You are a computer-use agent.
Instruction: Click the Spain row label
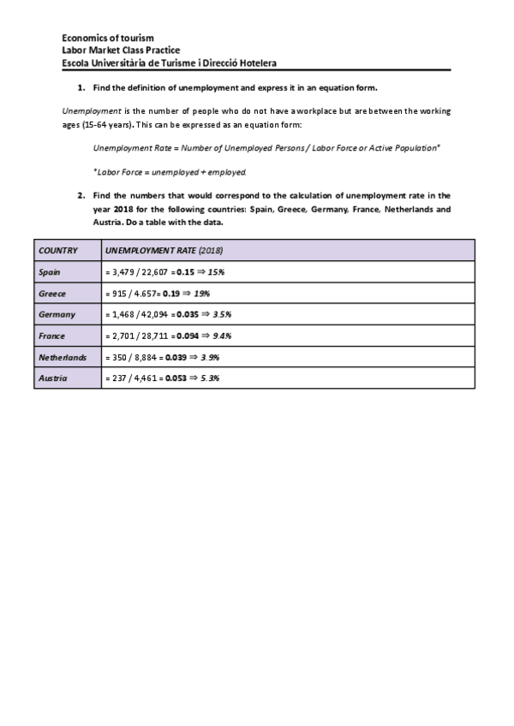point(49,271)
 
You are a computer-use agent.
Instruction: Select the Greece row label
point(52,293)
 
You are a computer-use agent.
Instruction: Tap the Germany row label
point(57,314)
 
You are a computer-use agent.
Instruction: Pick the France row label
point(52,336)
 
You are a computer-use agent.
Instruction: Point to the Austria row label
point(52,378)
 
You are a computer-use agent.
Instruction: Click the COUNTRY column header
point(58,251)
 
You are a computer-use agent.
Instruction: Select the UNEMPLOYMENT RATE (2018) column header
point(163,251)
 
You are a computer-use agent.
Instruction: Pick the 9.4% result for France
point(221,336)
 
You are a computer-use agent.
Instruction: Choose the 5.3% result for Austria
point(211,378)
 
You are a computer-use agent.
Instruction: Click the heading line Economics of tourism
point(108,39)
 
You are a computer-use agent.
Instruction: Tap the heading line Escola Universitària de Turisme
point(169,62)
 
